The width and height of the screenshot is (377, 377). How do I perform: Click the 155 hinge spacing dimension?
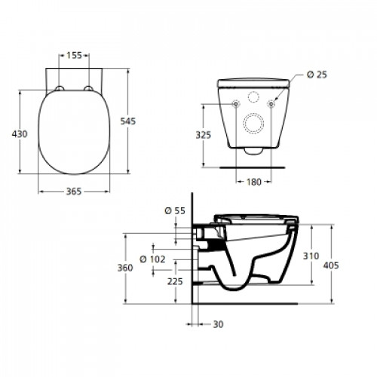pos(74,56)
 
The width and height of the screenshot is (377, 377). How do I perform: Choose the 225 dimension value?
pos(175,281)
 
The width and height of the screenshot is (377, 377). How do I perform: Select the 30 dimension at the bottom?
pos(218,325)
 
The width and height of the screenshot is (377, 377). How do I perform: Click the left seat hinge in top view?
pos(60,91)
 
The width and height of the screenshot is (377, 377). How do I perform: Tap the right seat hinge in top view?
pos(88,91)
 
